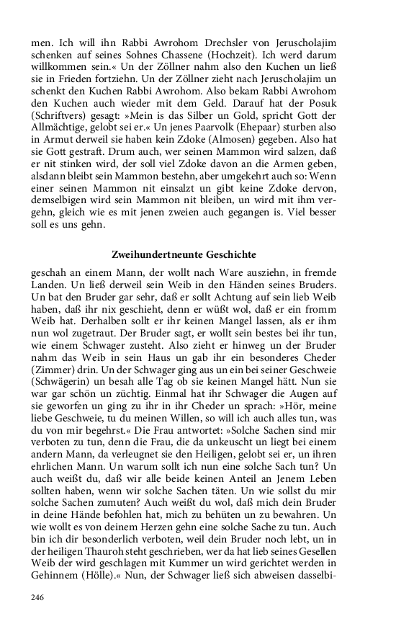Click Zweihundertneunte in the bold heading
point(156,255)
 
